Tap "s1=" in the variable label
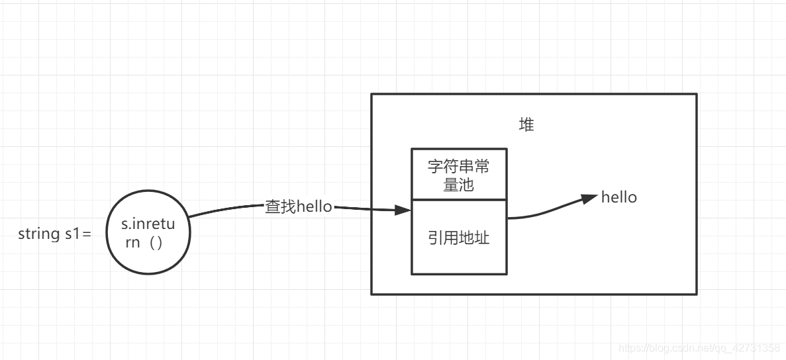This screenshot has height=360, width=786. pos(77,234)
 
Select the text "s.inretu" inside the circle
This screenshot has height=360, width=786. pos(148,225)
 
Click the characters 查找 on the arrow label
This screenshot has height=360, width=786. pos(281,206)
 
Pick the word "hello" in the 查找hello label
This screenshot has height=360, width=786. pos(315,206)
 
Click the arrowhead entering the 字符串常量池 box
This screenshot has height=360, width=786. pos(403,210)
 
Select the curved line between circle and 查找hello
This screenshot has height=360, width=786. pos(225,209)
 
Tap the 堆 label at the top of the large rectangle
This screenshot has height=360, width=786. pos(526,125)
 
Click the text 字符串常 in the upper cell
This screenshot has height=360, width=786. pos(459,166)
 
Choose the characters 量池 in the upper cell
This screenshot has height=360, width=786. pos(459,185)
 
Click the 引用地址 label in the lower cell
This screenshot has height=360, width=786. pos(459,238)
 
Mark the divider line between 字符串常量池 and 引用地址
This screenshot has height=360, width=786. pos(459,199)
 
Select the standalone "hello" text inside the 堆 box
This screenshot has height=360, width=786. pos(619,197)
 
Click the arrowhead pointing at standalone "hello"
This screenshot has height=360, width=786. pos(589,198)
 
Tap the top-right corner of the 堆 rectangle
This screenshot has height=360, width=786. pos(697,94)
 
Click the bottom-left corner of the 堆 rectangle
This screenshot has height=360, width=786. pos(371,293)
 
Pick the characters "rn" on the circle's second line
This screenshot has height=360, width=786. pos(133,242)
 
